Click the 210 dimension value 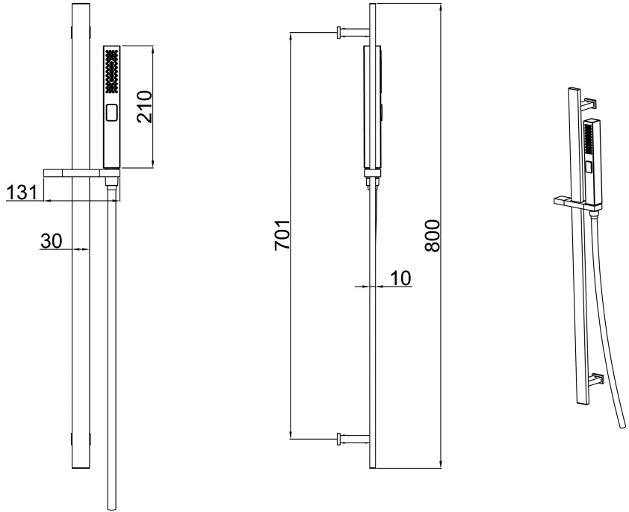[x=143, y=106]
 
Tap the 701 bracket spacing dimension [x=282, y=234]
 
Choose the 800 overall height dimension [x=433, y=236]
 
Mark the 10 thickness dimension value [x=400, y=278]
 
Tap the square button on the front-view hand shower [x=112, y=113]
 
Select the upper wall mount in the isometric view [x=591, y=103]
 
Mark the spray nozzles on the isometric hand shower [x=587, y=142]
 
